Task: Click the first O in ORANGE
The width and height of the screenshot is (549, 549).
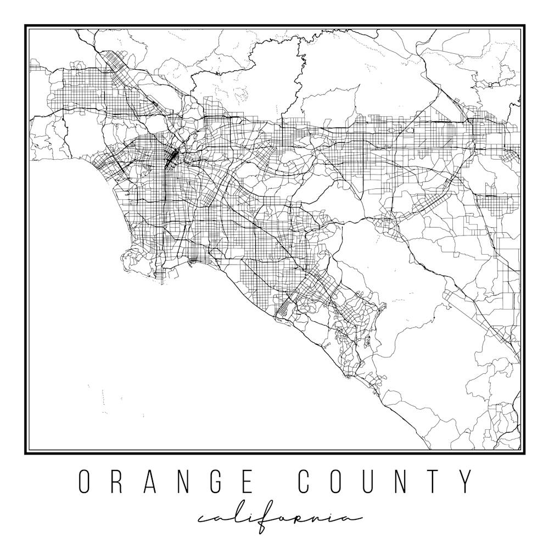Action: [84, 481]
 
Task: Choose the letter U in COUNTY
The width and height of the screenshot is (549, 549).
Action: [376, 481]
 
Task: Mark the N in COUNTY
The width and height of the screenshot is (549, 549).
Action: [409, 481]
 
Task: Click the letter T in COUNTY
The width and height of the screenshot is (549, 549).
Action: [440, 481]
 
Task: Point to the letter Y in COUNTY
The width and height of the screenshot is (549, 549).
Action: [467, 481]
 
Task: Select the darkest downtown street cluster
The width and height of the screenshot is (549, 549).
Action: [171, 157]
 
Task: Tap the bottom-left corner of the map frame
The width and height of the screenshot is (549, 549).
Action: [26, 453]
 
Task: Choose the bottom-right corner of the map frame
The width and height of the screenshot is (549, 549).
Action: [524, 453]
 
